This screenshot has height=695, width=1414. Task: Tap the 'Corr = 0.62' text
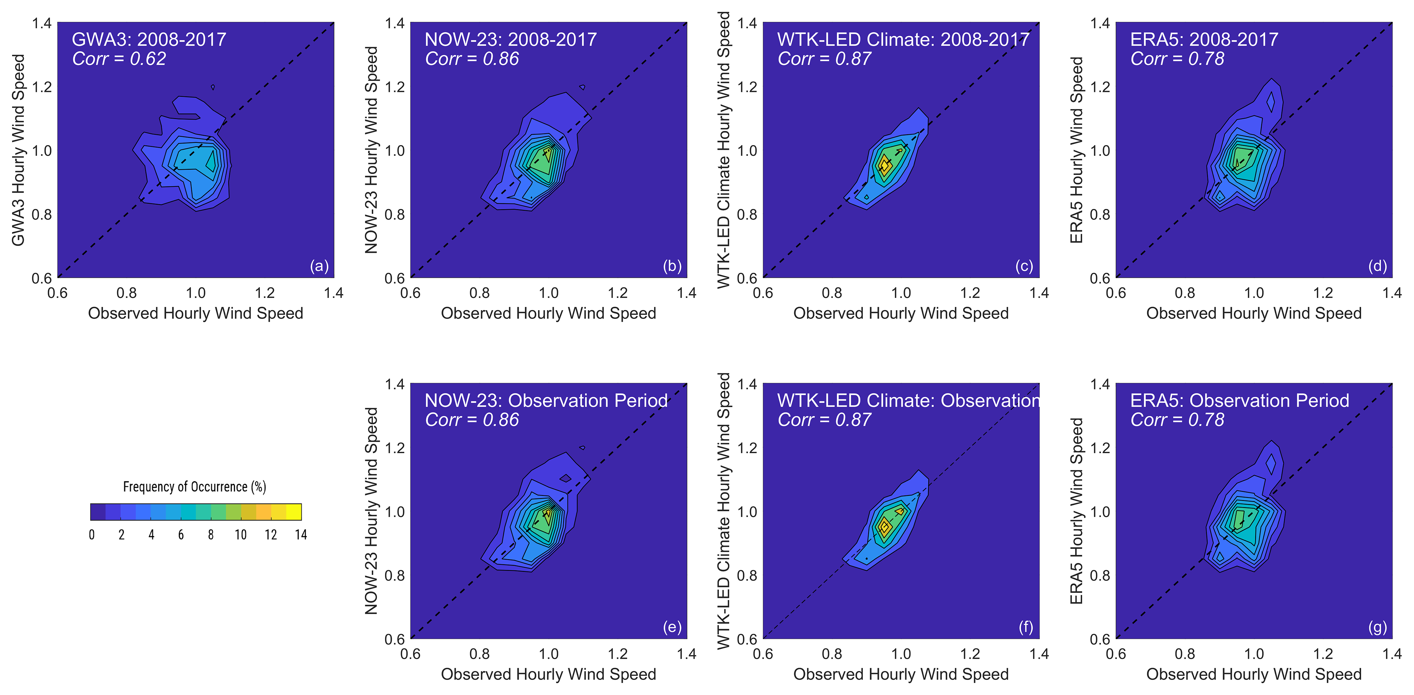tap(119, 59)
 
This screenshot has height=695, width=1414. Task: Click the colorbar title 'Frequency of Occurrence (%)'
tap(194, 486)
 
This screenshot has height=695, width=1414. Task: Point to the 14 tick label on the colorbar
tap(301, 535)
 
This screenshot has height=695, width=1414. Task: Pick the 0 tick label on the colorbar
tap(92, 535)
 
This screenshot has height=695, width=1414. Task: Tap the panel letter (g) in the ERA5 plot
tap(1377, 627)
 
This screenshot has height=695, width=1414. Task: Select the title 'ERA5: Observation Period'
tap(1239, 400)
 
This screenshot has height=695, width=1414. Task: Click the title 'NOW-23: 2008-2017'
tap(510, 40)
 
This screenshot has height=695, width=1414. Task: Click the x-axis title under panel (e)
tap(548, 674)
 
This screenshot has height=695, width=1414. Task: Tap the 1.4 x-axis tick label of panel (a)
tap(334, 293)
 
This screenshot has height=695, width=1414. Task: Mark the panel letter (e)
tap(672, 627)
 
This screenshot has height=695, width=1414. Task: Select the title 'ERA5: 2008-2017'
tap(1204, 40)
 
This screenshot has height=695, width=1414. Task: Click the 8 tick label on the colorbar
tap(211, 535)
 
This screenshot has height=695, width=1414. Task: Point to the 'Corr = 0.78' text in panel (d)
tap(1177, 59)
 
